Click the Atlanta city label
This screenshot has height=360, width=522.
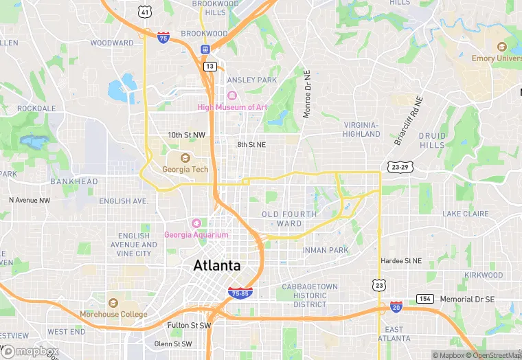(217, 265)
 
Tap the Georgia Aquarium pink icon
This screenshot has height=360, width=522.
(196, 223)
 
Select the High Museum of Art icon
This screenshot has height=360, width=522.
(232, 95)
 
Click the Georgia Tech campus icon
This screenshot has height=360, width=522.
(185, 158)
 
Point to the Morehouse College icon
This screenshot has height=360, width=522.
(114, 302)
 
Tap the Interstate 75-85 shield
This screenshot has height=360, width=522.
(240, 293)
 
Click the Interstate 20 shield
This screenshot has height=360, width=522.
(396, 306)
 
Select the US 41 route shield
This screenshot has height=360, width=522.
(144, 12)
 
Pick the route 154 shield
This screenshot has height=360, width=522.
(425, 299)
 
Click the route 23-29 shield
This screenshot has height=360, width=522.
(399, 167)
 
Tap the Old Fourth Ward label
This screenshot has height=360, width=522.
(289, 218)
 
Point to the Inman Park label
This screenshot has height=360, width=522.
(326, 250)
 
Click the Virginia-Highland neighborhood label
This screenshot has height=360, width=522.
(361, 129)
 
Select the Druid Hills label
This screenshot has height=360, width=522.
(432, 140)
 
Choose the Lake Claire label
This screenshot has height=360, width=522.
(466, 214)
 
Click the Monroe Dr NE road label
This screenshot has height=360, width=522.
(307, 93)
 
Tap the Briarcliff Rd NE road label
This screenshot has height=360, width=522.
(409, 120)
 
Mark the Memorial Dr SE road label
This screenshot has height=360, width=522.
(467, 300)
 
